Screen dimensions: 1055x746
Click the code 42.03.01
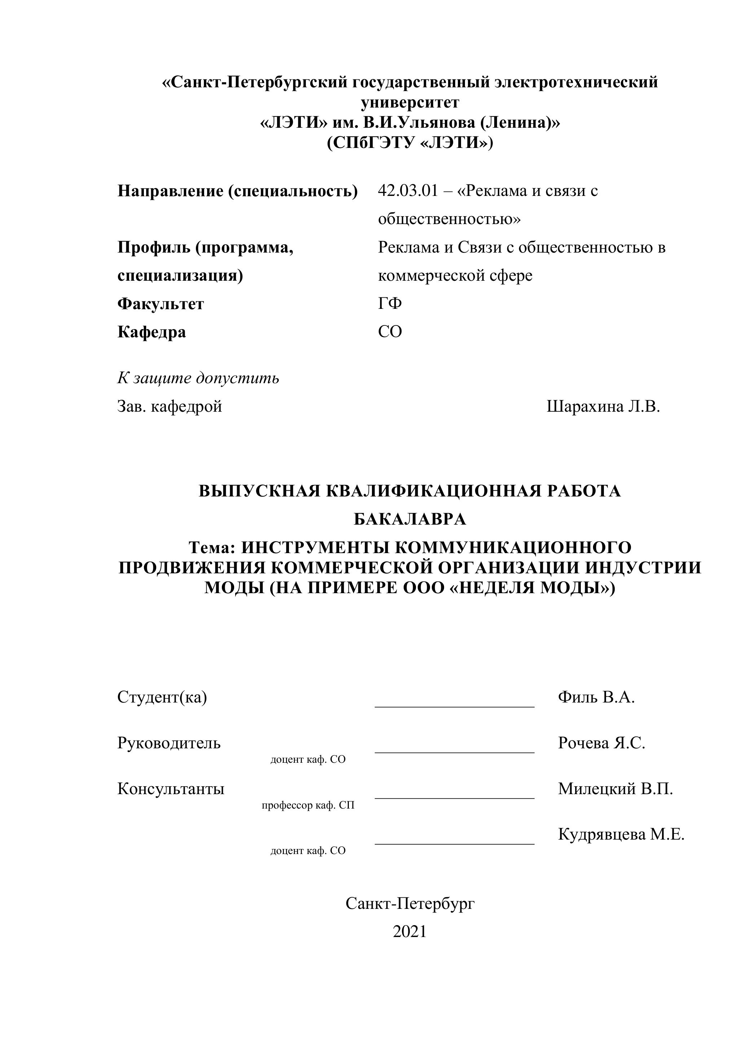408,191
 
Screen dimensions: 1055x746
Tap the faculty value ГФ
390,303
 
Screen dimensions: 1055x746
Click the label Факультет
160,304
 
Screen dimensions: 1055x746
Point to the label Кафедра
152,332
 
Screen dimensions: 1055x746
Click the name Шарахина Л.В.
603,406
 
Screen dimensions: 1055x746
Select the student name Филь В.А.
596,697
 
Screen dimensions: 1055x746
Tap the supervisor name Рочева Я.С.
601,743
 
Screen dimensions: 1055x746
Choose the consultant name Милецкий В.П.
615,789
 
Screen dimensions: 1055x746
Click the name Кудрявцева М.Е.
621,835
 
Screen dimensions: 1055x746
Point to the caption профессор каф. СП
308,805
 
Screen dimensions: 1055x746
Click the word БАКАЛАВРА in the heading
410,519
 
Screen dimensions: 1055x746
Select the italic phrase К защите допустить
198,378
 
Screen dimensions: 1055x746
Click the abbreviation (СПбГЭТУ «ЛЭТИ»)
410,143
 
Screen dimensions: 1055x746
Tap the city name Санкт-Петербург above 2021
410,903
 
